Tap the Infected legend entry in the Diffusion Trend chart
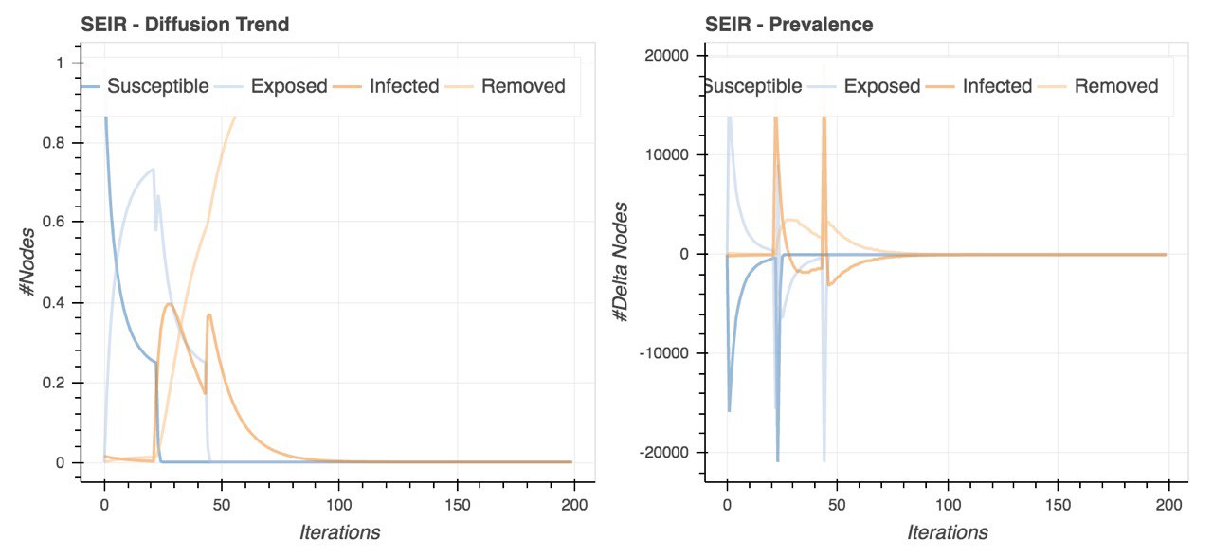404,86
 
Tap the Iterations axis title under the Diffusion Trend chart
339,532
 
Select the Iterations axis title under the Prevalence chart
948,532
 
